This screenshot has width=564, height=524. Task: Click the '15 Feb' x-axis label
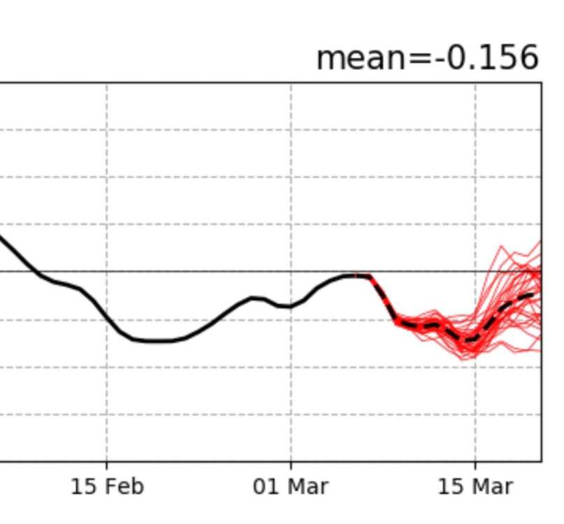107,486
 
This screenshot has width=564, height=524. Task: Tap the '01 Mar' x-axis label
291,486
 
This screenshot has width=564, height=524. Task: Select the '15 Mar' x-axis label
475,486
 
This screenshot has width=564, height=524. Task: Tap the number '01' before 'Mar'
266,486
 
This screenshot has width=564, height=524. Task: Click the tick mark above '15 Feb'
107,465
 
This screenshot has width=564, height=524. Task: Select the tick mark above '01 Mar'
291,465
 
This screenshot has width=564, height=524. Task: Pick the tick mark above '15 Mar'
475,465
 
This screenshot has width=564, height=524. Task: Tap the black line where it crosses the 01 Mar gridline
291,306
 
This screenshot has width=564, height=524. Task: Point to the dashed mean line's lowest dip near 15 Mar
470,341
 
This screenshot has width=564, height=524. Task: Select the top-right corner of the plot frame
541,83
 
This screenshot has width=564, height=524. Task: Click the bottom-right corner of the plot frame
541,461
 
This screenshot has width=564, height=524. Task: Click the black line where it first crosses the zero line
34,271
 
